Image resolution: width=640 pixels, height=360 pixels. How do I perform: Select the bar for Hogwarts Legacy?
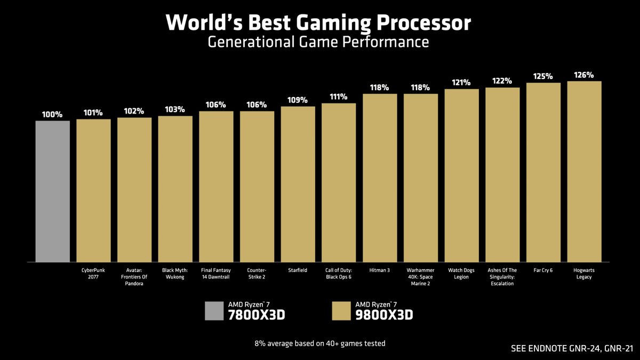[x=584, y=171]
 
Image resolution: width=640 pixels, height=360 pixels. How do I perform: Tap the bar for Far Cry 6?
[x=543, y=172]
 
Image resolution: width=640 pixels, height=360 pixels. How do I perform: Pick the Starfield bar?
[x=298, y=184]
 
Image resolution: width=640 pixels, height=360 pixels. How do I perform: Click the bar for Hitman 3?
[x=380, y=178]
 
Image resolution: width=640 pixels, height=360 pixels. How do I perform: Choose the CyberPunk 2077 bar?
[x=93, y=190]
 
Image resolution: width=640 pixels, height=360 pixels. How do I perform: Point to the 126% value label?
[x=584, y=75]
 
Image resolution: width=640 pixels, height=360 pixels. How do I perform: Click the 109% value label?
[x=298, y=100]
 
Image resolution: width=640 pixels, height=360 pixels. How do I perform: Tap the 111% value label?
[x=339, y=97]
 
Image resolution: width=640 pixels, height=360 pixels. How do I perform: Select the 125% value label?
[x=543, y=77]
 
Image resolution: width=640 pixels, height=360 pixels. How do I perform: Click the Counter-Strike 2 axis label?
[x=257, y=274]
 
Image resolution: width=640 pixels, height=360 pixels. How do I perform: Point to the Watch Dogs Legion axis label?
[x=461, y=274]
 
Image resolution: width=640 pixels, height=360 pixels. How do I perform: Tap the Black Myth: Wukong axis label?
[x=175, y=274]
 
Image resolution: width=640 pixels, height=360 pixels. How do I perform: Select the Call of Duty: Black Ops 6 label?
[x=339, y=274]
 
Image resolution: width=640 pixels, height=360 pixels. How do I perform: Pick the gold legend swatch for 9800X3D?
[x=341, y=310]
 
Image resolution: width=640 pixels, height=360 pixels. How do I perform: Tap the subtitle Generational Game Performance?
[x=318, y=42]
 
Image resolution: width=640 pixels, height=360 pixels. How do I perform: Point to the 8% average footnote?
[x=320, y=343]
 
